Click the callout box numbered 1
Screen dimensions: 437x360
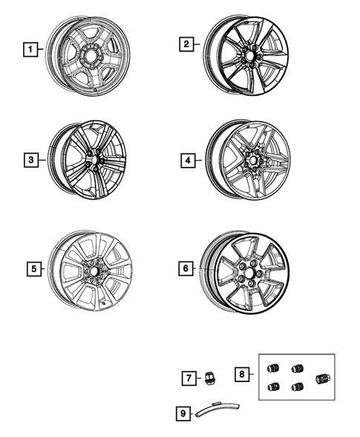[30, 50]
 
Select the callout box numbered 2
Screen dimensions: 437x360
[186, 45]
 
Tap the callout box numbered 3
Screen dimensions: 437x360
[30, 160]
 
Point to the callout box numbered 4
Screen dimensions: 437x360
[186, 160]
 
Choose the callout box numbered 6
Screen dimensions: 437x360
[186, 269]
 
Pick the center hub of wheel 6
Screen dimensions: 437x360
[247, 273]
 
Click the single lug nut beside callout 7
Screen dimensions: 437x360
[210, 378]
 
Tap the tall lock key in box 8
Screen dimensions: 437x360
[321, 380]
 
